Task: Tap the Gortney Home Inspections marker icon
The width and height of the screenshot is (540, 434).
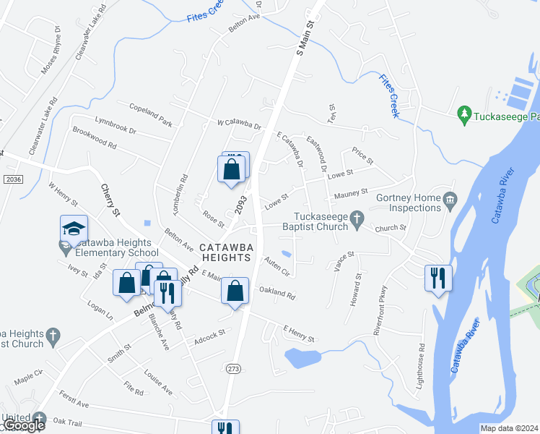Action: click(x=450, y=199)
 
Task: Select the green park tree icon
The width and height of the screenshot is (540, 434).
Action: click(x=464, y=114)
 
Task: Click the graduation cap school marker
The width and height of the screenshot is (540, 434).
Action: click(x=74, y=229)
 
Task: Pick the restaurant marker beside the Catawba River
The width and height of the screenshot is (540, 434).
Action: click(x=438, y=278)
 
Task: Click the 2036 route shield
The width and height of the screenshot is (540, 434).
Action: click(x=11, y=179)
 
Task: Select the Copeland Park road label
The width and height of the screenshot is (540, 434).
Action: click(x=150, y=115)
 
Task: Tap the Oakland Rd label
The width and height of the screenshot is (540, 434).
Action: click(x=278, y=295)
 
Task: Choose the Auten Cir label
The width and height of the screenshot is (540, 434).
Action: click(x=276, y=267)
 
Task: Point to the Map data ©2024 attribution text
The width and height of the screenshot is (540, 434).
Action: click(x=509, y=428)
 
